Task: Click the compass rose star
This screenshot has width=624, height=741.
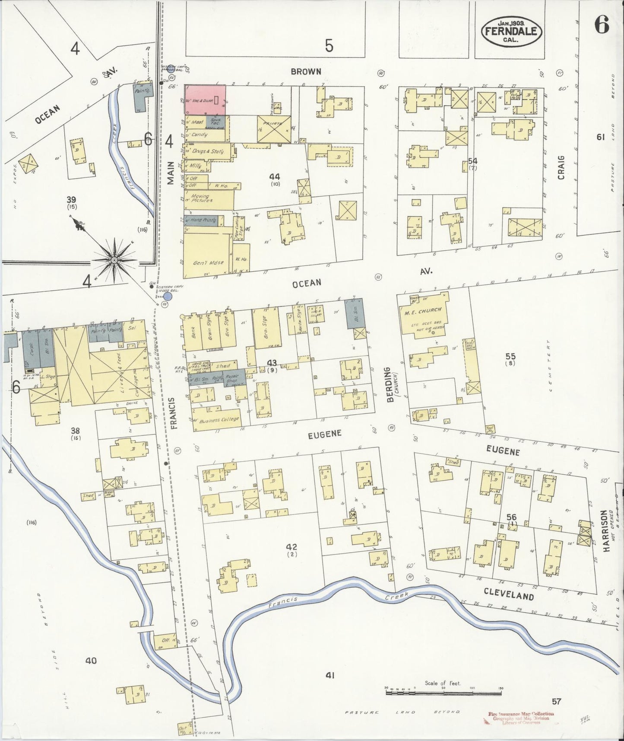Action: (x=114, y=260)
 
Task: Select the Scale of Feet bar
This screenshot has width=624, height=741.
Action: (x=443, y=693)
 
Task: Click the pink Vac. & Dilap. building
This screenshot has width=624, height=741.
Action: (x=205, y=99)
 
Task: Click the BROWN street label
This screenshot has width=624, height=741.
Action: (x=306, y=71)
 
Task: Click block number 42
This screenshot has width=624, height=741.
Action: (x=293, y=547)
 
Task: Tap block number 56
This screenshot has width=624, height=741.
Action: (x=511, y=517)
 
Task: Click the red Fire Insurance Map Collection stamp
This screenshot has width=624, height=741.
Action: (x=514, y=719)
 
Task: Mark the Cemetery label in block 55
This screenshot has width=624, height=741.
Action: (x=549, y=365)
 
